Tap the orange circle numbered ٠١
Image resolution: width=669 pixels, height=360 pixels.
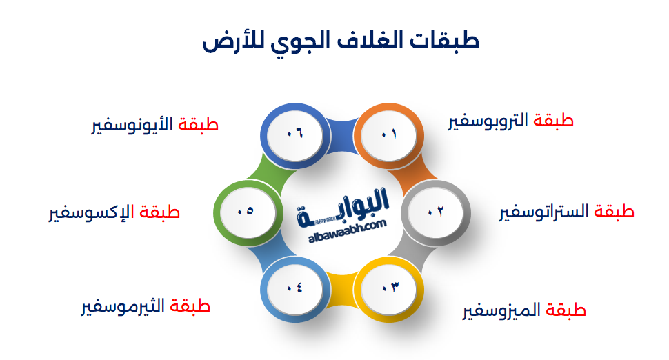(389, 134)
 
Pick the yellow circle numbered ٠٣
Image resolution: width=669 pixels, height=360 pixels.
(389, 289)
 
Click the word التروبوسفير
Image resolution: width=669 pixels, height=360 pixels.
(488, 121)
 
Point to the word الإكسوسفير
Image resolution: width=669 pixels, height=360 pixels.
(91, 212)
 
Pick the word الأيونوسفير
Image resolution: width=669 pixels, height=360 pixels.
(132, 126)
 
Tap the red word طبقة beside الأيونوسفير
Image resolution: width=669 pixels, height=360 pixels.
(198, 125)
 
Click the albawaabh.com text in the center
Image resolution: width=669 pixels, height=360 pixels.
(348, 231)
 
